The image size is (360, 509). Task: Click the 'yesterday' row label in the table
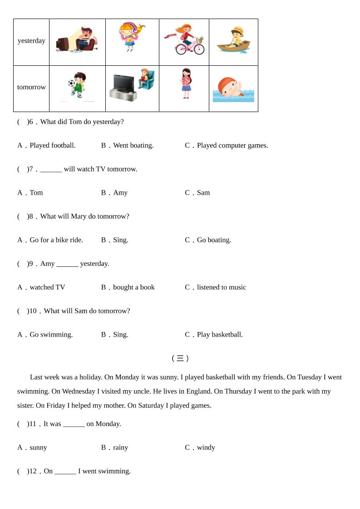point(31,41)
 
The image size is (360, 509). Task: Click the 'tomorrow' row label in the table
point(31,87)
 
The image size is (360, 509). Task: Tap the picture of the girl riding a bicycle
point(185,40)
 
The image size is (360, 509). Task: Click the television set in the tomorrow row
point(123,87)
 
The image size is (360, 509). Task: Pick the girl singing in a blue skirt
point(186,83)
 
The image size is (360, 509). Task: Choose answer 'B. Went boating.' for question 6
point(127,146)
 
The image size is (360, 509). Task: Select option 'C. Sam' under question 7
point(197,193)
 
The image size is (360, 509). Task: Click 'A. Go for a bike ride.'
point(50,240)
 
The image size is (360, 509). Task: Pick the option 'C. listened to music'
point(216,287)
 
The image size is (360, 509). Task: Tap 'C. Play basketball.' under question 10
point(214,335)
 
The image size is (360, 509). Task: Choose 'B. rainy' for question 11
point(115,448)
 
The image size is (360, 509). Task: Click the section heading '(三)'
point(180,358)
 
